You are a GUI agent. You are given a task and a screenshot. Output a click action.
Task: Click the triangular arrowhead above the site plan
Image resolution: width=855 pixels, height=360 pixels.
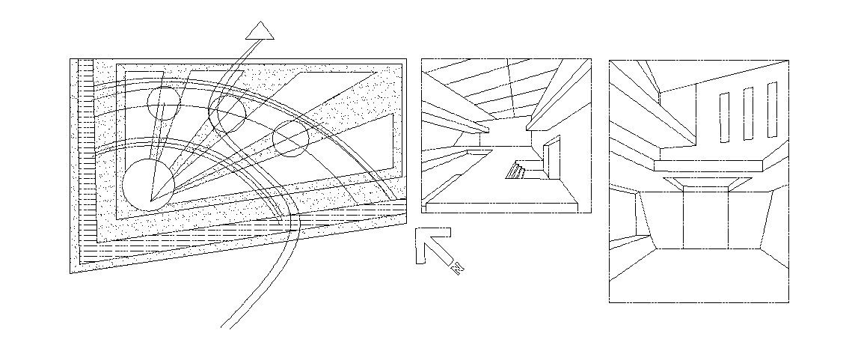point(260,31)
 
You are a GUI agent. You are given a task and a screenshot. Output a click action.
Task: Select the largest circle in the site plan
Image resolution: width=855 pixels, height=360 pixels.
point(148,185)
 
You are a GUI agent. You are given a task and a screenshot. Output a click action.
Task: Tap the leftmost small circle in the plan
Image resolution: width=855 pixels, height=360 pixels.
point(163,103)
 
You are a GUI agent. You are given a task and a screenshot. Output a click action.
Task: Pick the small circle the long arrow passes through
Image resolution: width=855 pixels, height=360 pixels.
point(227,112)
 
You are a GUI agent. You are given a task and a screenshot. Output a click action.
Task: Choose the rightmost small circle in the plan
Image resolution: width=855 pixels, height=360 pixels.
point(291,138)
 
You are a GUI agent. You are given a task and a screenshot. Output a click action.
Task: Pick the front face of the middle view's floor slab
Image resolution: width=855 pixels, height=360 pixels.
point(501,207)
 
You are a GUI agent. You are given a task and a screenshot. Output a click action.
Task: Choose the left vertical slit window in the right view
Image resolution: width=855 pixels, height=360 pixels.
point(723,117)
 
